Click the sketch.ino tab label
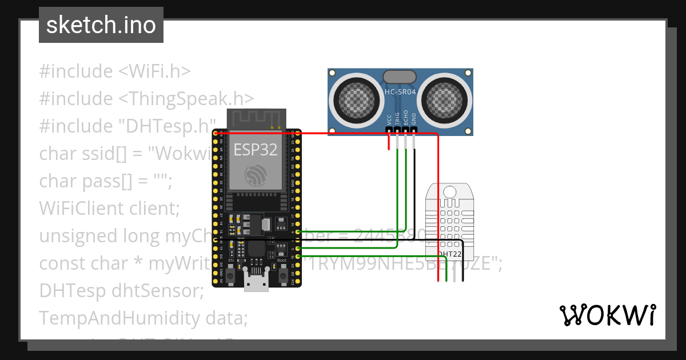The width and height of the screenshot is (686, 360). coord(101,25)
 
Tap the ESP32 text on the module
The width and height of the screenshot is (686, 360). coord(256,150)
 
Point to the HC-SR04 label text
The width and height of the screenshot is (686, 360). coord(400,91)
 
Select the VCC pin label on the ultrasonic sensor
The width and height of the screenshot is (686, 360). coord(389,119)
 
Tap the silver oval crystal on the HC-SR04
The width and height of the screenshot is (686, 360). coord(400,77)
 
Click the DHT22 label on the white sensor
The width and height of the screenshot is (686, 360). coord(450,253)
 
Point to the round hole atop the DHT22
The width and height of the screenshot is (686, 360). coord(450,191)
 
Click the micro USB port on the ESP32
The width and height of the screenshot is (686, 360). coord(256,281)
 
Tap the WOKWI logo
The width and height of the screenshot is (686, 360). coord(607,315)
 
